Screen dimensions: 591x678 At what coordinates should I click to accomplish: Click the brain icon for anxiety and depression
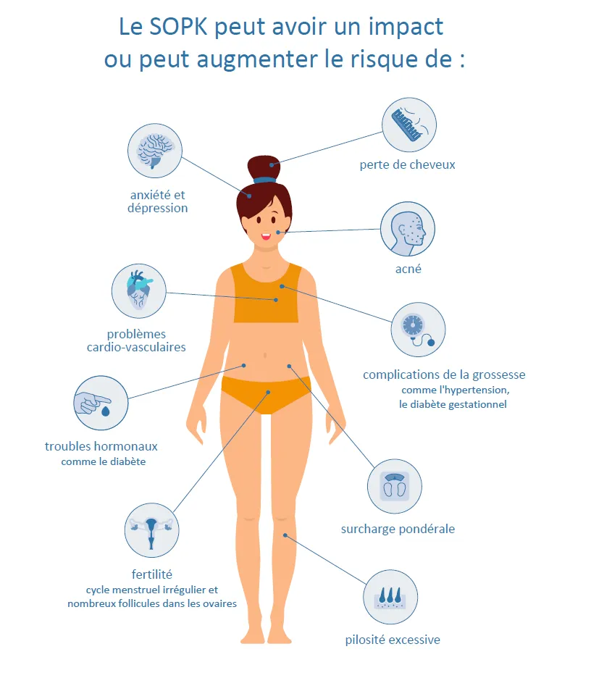click(155, 151)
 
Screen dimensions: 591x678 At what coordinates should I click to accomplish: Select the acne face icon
click(408, 229)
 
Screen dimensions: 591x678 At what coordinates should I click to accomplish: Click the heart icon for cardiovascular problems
click(139, 291)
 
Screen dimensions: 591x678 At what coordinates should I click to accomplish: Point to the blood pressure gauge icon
click(418, 330)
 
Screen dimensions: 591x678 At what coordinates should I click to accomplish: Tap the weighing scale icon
click(395, 487)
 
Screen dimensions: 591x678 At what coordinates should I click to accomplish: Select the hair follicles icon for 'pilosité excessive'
click(390, 597)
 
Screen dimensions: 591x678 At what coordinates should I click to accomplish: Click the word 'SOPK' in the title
click(178, 27)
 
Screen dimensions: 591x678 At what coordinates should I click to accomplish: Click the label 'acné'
click(408, 269)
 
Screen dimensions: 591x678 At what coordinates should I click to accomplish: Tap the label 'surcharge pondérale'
click(398, 529)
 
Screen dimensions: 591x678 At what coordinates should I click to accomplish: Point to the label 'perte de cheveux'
click(407, 164)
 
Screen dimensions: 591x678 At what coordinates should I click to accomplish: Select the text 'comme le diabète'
click(104, 462)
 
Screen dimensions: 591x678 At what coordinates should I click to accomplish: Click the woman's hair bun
click(264, 167)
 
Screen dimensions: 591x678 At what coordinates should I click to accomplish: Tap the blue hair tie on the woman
click(264, 180)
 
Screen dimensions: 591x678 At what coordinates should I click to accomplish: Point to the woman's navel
click(265, 356)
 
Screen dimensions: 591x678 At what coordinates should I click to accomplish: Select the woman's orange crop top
click(266, 293)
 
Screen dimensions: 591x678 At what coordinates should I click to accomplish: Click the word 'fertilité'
click(152, 574)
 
